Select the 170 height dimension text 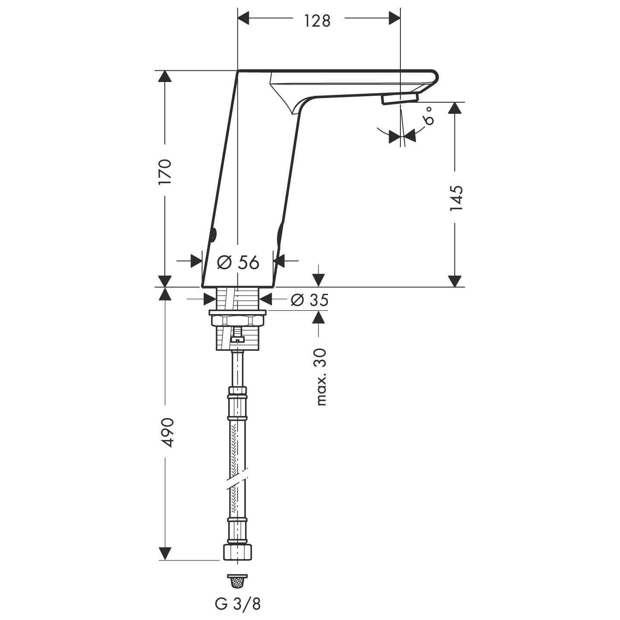pyautogui.click(x=165, y=172)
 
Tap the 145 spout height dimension pyautogui.click(x=456, y=198)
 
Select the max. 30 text pyautogui.click(x=321, y=377)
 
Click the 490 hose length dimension pyautogui.click(x=165, y=432)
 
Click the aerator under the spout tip pyautogui.click(x=399, y=100)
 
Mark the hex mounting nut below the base pyautogui.click(x=237, y=321)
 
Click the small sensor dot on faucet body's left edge pyautogui.click(x=213, y=235)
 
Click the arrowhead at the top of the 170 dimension pyautogui.click(x=164, y=77)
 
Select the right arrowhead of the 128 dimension pyautogui.click(x=393, y=19)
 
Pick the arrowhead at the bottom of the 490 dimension pyautogui.click(x=164, y=554)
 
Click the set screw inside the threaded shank pyautogui.click(x=237, y=335)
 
